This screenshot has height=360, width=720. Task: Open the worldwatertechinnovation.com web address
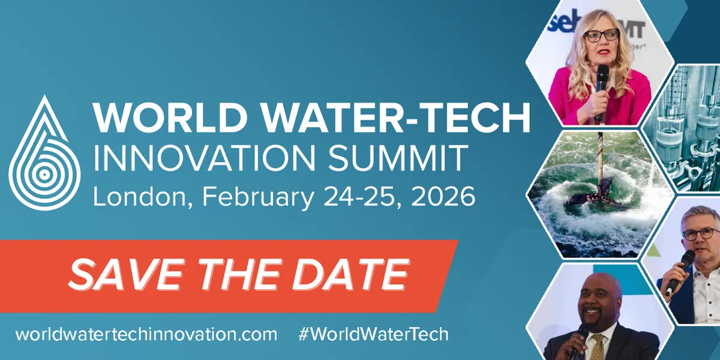tap(146, 334)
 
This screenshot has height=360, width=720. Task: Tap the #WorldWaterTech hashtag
tap(373, 334)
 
